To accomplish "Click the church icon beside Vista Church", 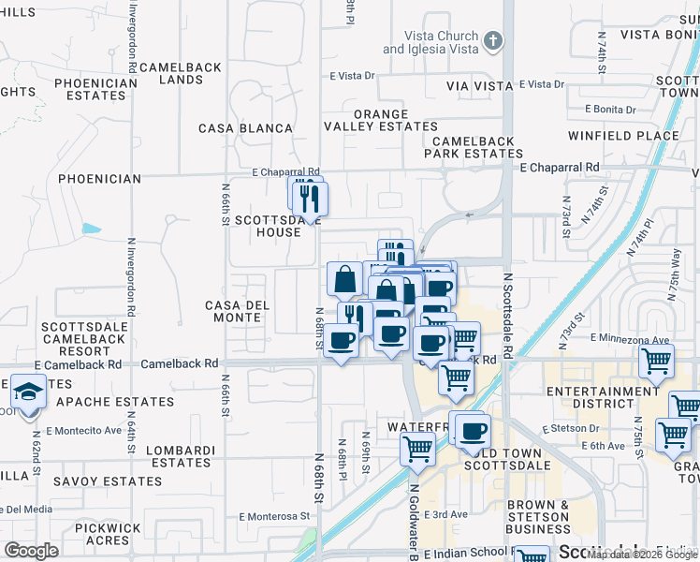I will (494, 41).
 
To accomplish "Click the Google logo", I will (31, 550).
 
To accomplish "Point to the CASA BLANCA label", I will (245, 128).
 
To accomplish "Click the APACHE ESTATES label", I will (115, 402).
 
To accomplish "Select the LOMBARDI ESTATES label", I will (182, 456).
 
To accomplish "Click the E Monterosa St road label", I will (273, 516).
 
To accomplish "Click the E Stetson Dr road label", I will (570, 429).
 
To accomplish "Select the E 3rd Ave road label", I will (445, 514).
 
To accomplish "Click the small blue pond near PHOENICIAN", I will (91, 229).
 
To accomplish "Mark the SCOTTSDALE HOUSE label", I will (268, 226).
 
